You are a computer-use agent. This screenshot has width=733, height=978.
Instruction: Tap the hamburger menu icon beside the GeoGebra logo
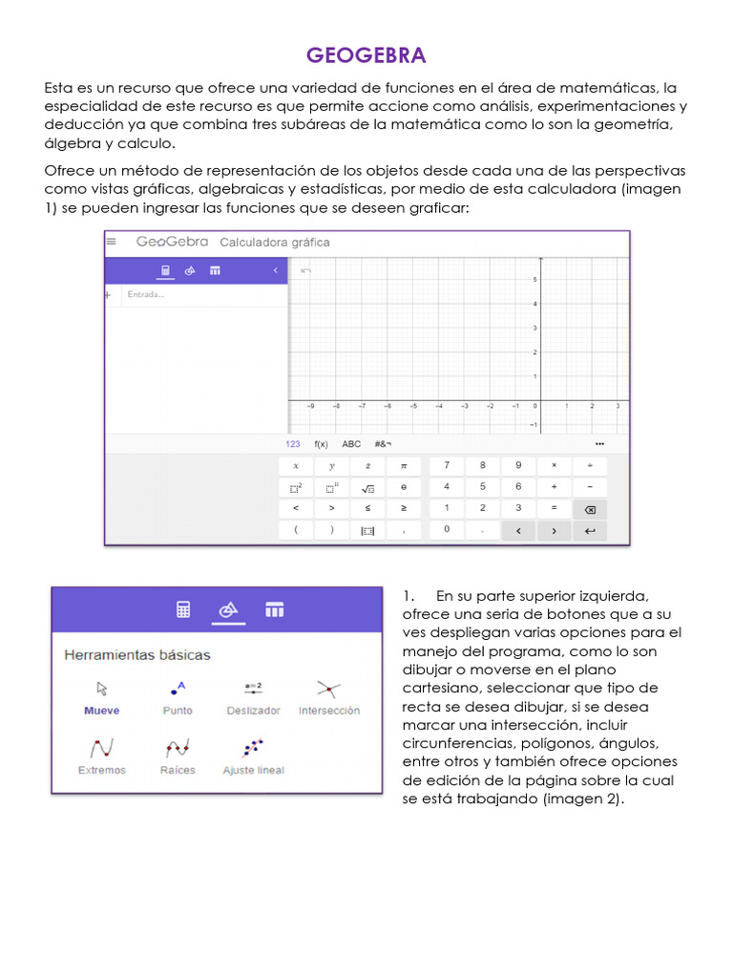(x=114, y=242)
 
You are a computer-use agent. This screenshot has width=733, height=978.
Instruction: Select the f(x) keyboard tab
(x=321, y=444)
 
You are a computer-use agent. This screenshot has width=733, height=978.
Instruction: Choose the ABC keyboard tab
(x=351, y=444)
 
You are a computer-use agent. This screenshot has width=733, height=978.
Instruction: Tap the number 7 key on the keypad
(x=447, y=465)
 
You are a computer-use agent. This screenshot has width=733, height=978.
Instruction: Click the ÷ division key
(x=590, y=465)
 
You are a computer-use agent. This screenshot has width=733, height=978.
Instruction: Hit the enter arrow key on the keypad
(x=590, y=530)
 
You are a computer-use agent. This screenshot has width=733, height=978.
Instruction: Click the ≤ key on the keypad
(x=367, y=508)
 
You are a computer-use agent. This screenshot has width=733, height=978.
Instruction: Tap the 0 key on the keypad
(x=447, y=529)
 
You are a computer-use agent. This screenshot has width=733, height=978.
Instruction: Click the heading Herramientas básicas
(x=136, y=655)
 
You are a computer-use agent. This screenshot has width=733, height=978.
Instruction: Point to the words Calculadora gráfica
(x=275, y=243)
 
